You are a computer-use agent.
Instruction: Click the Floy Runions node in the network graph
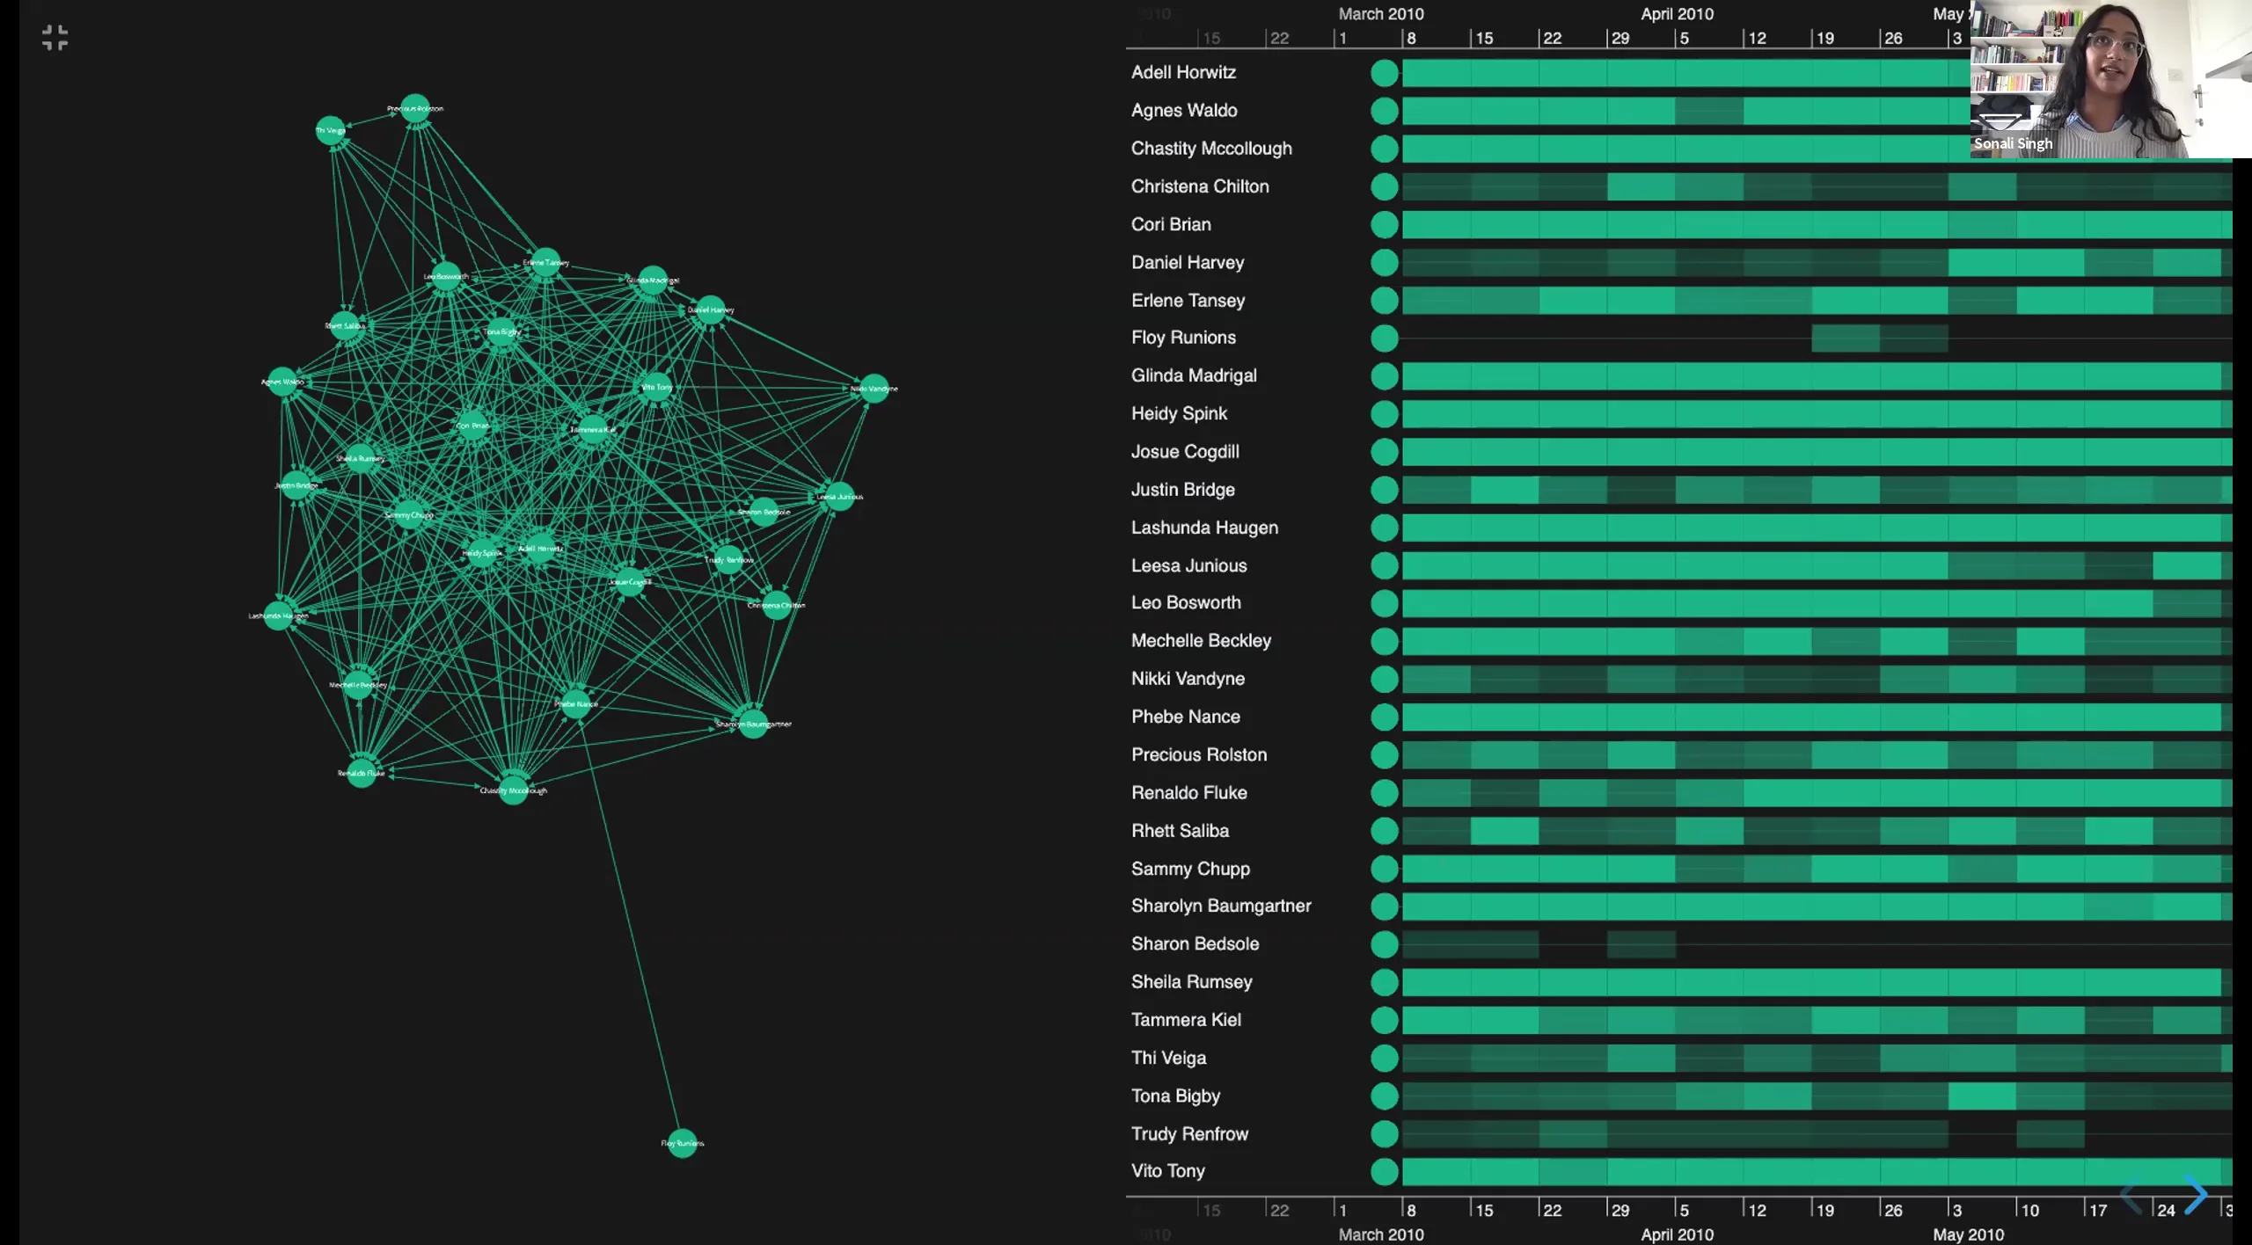[683, 1142]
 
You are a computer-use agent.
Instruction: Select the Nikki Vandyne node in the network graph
[874, 388]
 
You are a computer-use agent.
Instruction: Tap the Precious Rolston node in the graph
[415, 108]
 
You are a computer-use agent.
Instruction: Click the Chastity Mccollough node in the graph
[514, 789]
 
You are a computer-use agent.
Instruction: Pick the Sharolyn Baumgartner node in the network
[753, 724]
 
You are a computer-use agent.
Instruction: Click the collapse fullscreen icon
[55, 38]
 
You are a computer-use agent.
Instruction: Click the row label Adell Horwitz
[1183, 72]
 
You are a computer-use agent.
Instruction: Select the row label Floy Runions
[1183, 338]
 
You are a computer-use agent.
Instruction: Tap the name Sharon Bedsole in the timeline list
[1195, 943]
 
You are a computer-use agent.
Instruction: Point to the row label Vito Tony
[1167, 1170]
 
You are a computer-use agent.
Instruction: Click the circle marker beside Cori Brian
[1384, 224]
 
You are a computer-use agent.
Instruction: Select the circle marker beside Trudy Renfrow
[1384, 1133]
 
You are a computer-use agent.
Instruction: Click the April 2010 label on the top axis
[1677, 14]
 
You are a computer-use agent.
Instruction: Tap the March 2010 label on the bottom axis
[1380, 1234]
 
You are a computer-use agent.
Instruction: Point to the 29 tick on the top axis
[1620, 39]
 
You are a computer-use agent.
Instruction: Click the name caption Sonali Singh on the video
[2013, 143]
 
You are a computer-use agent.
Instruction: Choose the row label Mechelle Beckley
[1201, 640]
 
